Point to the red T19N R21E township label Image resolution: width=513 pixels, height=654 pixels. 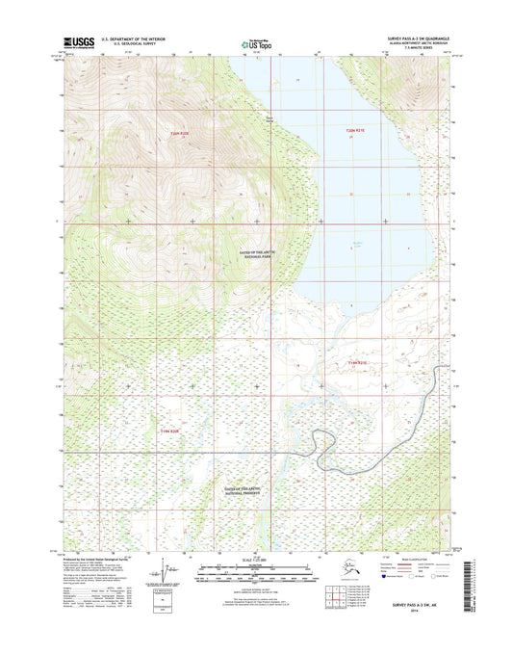coord(358,361)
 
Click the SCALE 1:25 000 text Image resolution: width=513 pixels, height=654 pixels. coord(256,561)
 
